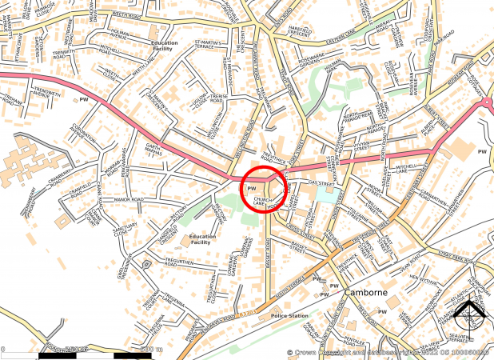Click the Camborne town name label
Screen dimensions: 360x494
(367, 293)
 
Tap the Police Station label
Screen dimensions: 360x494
(290, 317)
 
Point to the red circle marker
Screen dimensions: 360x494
(263, 190)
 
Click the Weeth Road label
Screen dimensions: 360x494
(111, 14)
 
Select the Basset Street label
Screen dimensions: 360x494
(299, 249)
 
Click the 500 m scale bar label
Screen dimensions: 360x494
(151, 350)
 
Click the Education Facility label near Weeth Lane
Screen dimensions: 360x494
(164, 46)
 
